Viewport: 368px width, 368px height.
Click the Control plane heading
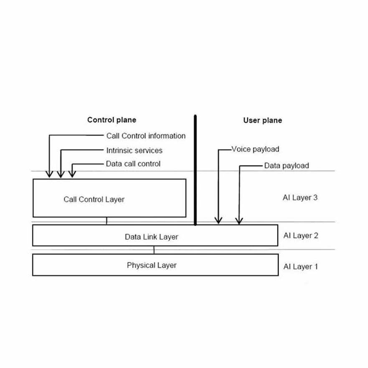[x=112, y=120]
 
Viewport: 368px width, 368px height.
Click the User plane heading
[x=262, y=120]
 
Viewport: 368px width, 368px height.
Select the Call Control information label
[x=146, y=136]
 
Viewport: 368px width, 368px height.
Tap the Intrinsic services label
[x=134, y=150]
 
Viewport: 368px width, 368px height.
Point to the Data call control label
[x=133, y=164]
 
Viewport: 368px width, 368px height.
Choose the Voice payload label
[x=255, y=149]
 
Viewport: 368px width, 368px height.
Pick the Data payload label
[x=287, y=165]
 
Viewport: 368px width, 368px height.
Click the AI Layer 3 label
[x=300, y=198]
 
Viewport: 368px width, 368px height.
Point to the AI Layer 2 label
[x=301, y=236]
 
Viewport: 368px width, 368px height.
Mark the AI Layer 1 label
[x=300, y=266]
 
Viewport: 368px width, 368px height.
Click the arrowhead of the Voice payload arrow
[x=218, y=220]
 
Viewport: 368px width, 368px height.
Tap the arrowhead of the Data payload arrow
[x=239, y=220]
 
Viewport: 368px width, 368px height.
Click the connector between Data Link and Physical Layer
[x=154, y=250]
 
